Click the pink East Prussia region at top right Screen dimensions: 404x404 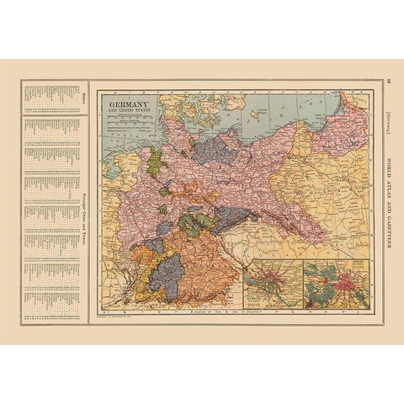[x=345, y=126]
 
